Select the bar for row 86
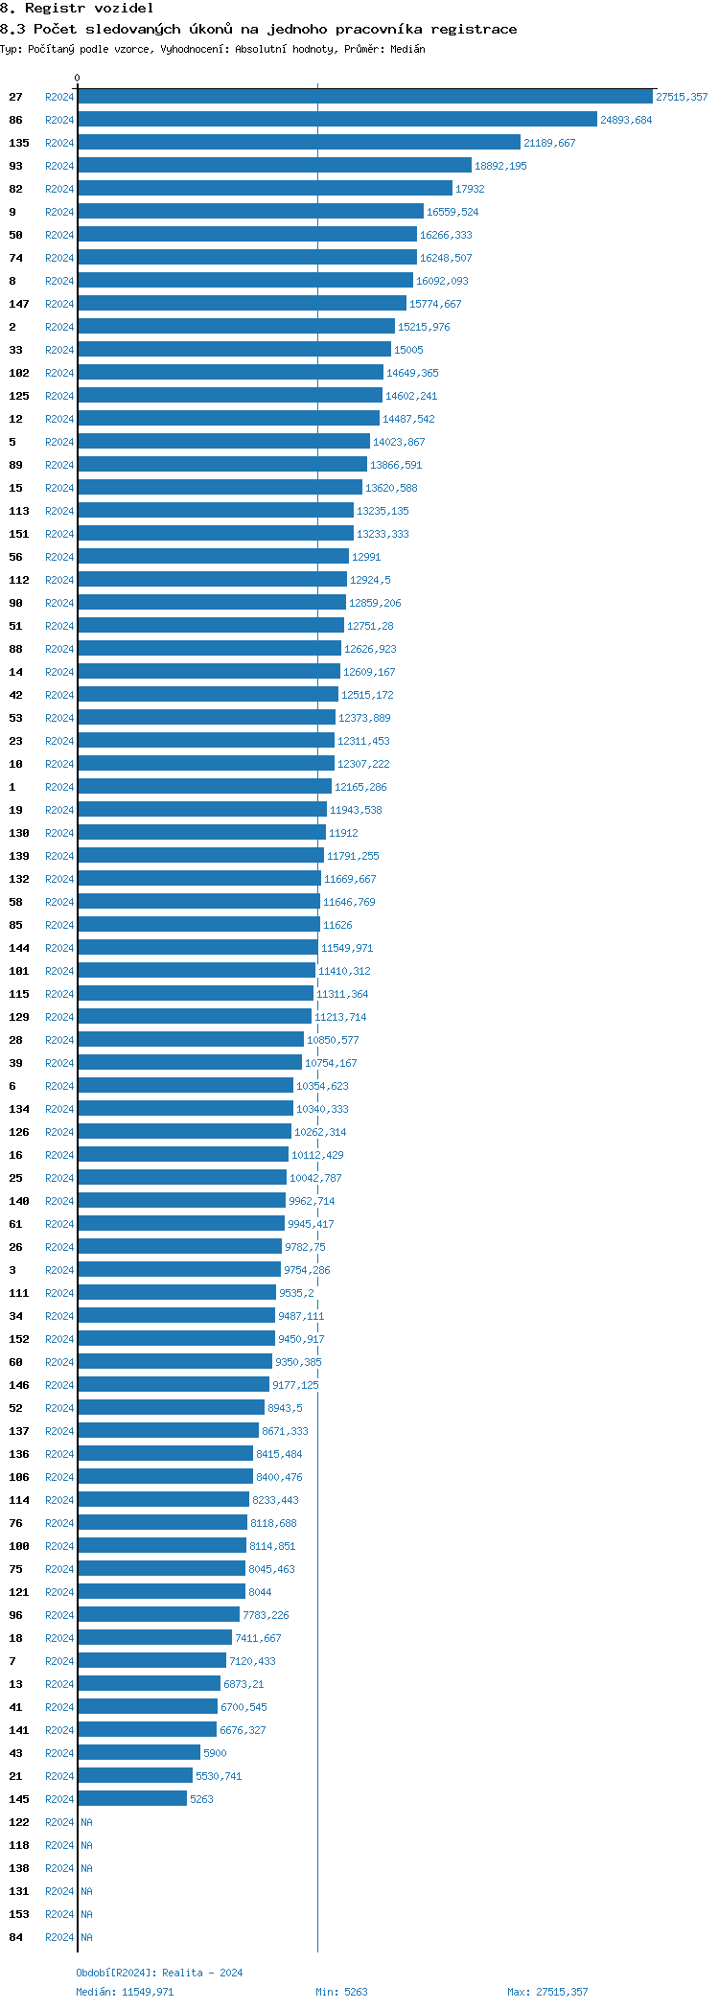point(336,120)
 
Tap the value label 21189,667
point(549,143)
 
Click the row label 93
point(15,166)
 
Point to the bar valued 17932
point(265,189)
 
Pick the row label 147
point(19,304)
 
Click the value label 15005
point(408,350)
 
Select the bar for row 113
point(216,511)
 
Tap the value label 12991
point(366,557)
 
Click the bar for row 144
point(197,948)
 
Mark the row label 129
point(19,1017)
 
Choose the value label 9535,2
point(296,1293)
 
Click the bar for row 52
point(171,1408)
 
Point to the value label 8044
point(260,1592)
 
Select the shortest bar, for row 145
point(132,1799)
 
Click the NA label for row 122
point(86,1822)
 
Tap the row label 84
point(15,1937)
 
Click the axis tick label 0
point(78,78)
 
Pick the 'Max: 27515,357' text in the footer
point(547,1992)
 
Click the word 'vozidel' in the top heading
point(124,8)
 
